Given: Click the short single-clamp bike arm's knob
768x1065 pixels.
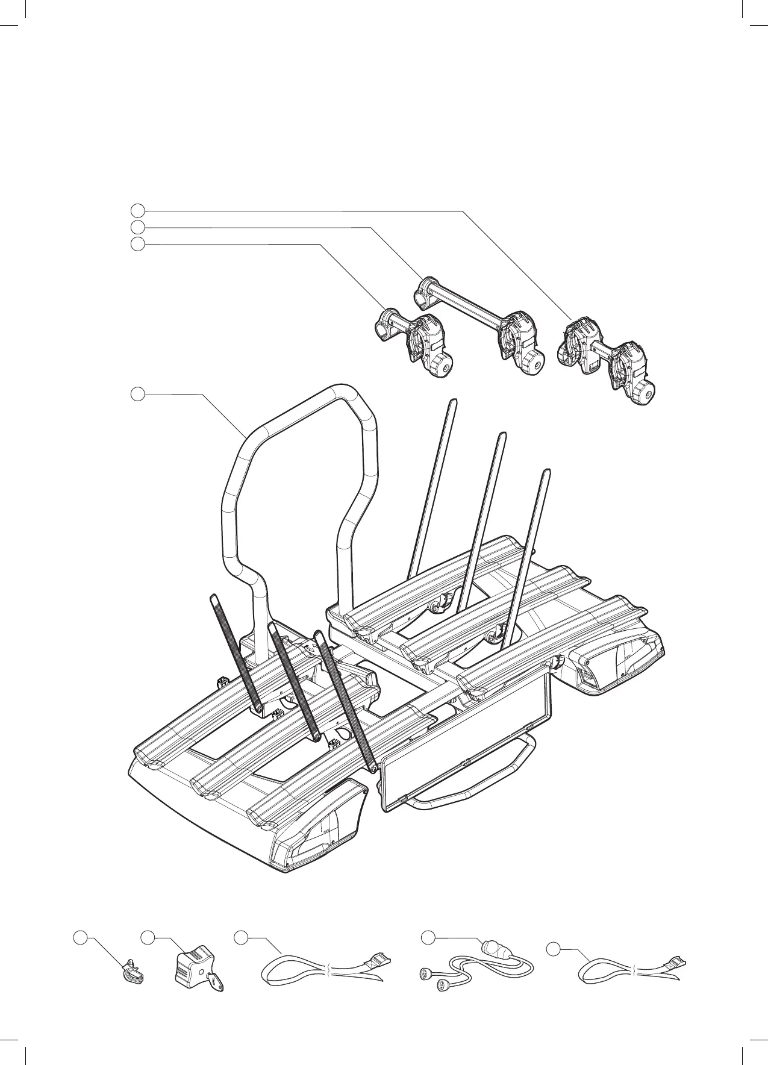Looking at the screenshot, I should tap(442, 365).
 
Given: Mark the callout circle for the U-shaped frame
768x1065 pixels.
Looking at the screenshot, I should tap(138, 394).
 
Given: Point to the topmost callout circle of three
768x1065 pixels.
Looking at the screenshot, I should tap(138, 210).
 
